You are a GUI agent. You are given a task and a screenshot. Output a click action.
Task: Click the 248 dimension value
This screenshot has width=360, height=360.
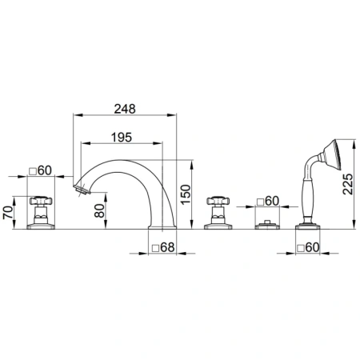point(125,109)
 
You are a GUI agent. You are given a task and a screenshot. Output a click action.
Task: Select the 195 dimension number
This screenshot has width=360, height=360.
point(122,138)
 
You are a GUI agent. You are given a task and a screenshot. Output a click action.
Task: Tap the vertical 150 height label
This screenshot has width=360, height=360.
point(186,194)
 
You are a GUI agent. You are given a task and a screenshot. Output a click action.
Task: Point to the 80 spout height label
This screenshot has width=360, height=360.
point(100,210)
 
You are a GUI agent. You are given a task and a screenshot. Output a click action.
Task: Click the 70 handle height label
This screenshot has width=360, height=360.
point(8,213)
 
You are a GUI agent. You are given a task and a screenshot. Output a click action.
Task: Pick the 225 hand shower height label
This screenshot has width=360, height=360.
point(348,184)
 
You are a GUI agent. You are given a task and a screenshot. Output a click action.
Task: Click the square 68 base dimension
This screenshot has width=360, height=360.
point(163,247)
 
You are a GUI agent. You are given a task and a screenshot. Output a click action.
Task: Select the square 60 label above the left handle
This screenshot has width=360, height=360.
point(40,170)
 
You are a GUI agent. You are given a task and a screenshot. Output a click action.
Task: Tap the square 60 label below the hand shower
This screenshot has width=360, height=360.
point(308,247)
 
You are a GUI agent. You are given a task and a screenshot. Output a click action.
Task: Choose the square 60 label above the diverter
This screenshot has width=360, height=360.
point(268,201)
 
